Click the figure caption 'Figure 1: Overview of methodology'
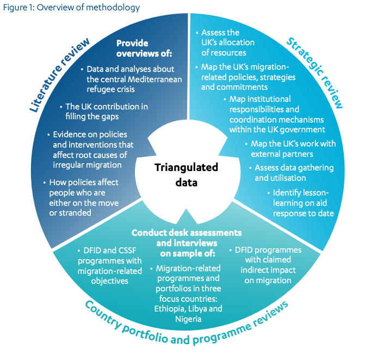(x=71, y=7)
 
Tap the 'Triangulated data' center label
(x=182, y=174)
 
